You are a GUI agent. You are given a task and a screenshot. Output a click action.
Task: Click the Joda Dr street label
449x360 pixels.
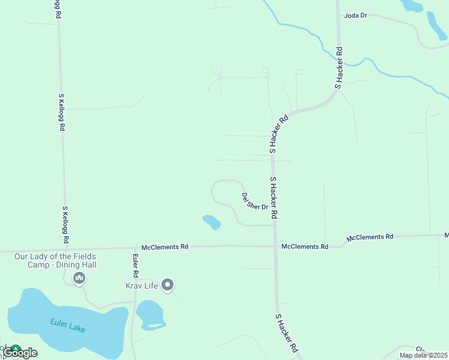tap(355, 16)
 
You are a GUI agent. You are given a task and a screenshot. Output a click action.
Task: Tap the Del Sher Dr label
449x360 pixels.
tap(254, 201)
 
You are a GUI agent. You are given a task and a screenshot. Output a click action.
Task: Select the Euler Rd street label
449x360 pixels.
tap(136, 265)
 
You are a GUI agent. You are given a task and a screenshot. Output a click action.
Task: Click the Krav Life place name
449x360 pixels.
tap(141, 286)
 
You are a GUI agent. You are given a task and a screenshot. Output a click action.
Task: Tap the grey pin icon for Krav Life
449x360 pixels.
tap(168, 285)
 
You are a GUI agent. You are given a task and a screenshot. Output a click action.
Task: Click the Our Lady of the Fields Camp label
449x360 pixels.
tap(55, 260)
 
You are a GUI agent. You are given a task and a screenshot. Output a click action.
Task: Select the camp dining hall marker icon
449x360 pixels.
tap(79, 278)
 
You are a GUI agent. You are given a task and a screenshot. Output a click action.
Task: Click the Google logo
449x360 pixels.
tap(21, 353)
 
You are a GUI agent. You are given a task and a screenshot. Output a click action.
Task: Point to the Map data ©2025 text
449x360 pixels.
tap(423, 355)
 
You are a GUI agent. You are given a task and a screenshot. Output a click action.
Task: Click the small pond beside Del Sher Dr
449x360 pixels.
tap(211, 222)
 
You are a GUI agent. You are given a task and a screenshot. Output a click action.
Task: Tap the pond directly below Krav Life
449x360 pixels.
tap(149, 314)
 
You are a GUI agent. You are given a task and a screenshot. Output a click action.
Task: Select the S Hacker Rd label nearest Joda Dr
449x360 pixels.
tap(339, 68)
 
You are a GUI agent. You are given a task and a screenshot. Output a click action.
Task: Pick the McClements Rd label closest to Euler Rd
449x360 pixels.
tap(165, 247)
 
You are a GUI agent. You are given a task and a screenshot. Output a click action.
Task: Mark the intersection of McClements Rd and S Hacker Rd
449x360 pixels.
tap(276, 246)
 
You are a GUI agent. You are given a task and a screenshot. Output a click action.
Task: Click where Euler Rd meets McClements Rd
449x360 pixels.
tap(133, 247)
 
